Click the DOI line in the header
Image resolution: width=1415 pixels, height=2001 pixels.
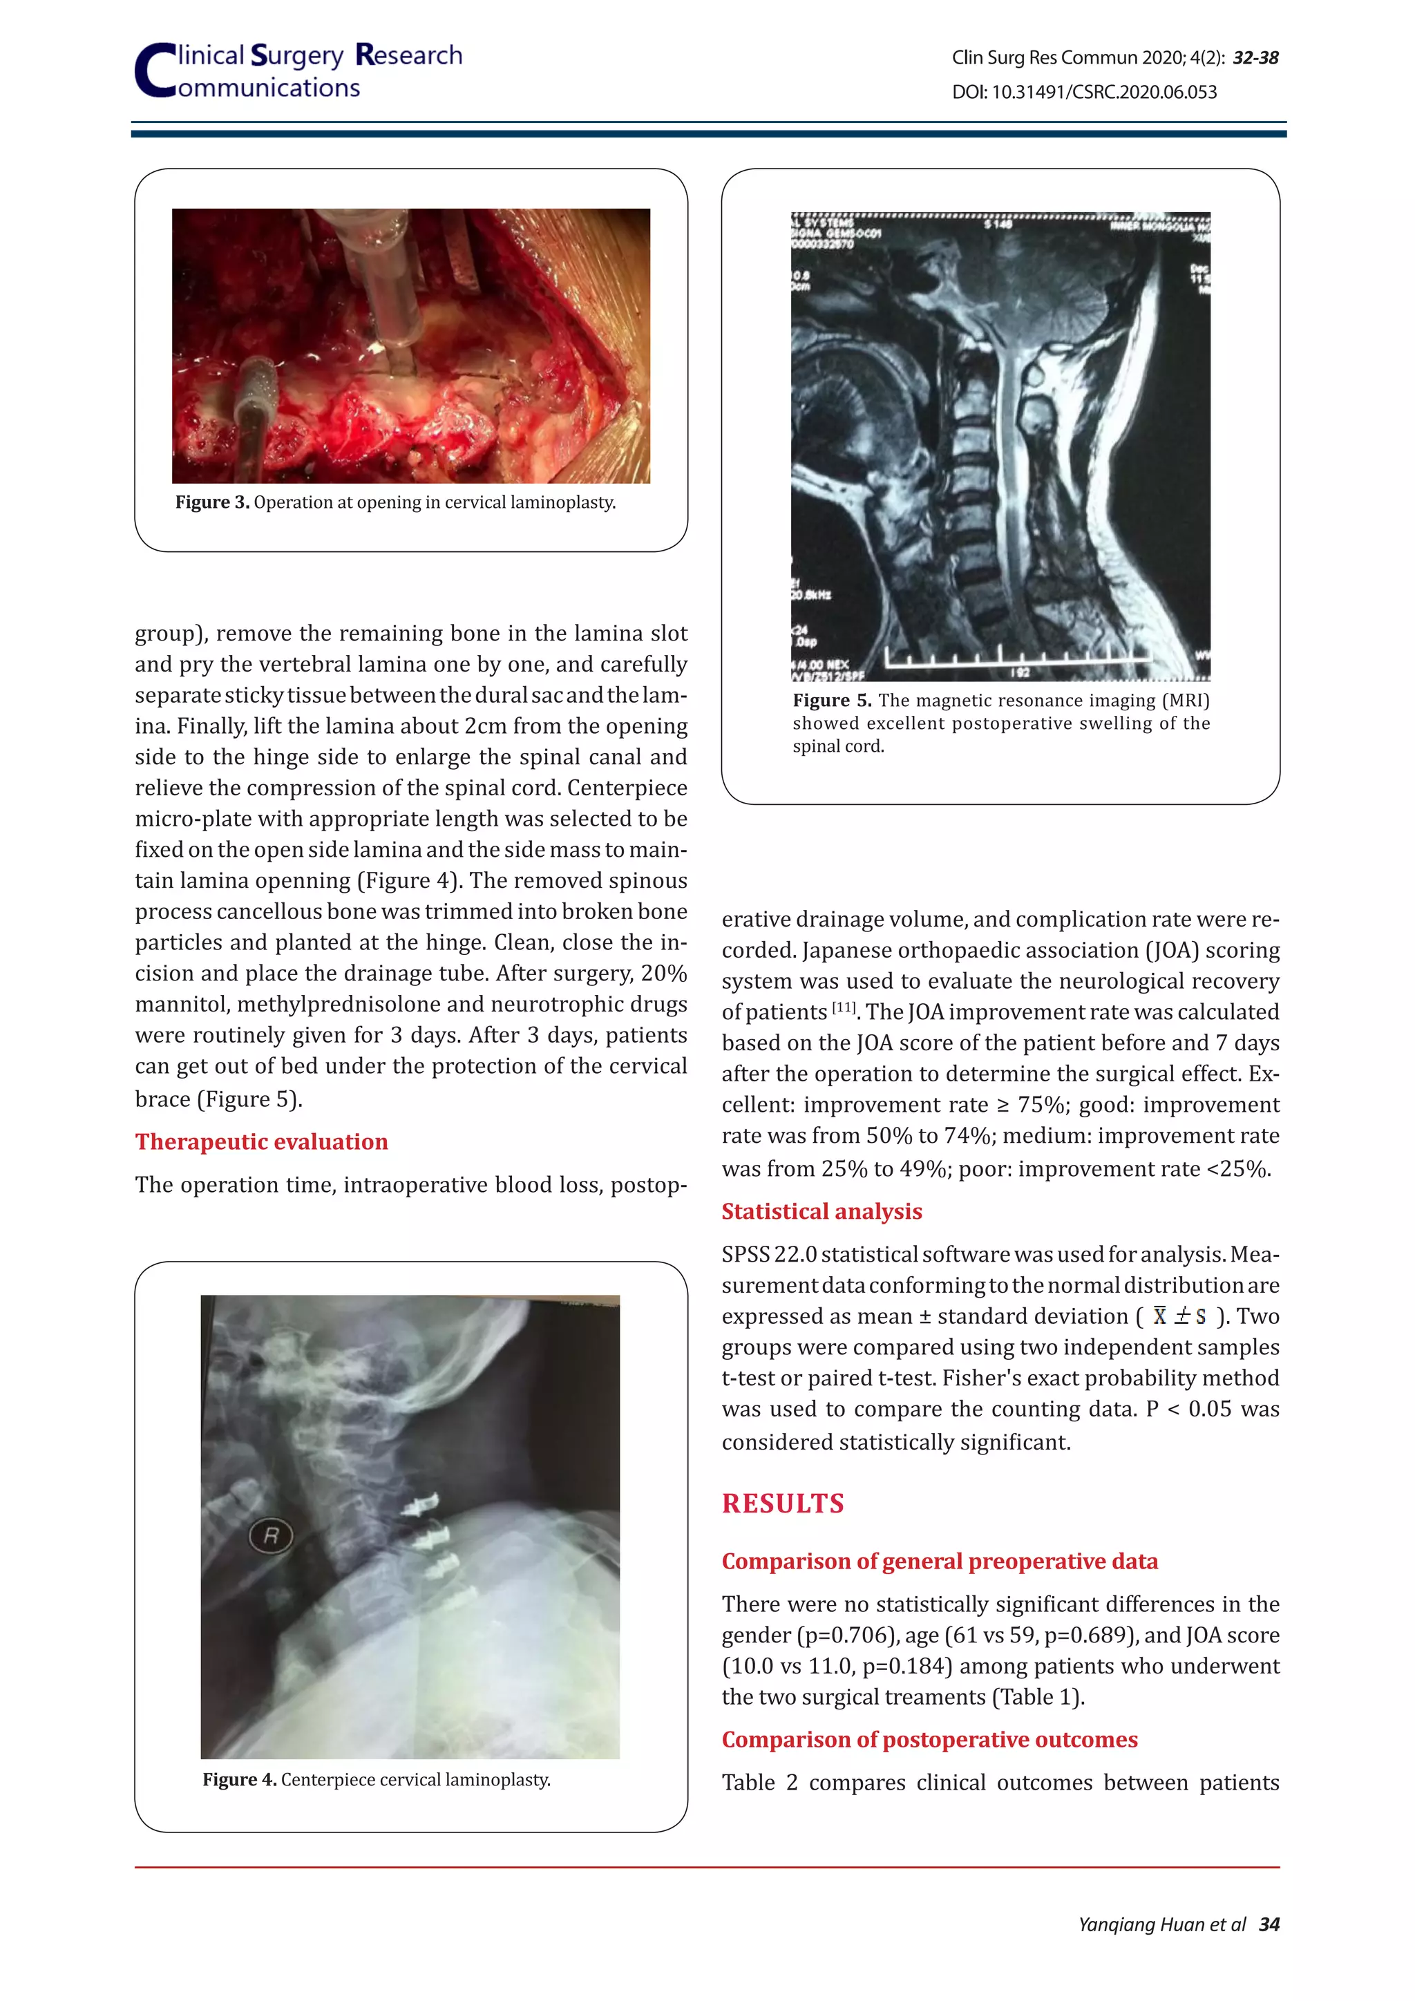[x=1084, y=91]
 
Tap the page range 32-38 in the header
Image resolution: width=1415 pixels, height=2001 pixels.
[x=1255, y=57]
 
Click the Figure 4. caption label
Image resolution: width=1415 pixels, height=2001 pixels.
[x=240, y=1780]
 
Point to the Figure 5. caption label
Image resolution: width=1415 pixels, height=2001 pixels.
[x=831, y=701]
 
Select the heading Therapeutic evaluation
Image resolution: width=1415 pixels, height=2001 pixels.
[x=261, y=1141]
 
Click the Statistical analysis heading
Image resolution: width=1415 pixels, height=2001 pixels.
[x=822, y=1211]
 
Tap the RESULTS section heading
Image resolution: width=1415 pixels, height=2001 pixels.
[x=782, y=1504]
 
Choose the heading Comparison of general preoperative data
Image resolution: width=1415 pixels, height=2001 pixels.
[x=939, y=1561]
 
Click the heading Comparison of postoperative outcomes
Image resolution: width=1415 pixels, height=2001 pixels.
[x=929, y=1740]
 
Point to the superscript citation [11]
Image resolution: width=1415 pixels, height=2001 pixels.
[x=844, y=1007]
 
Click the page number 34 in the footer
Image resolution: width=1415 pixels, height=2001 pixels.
[x=1269, y=1924]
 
